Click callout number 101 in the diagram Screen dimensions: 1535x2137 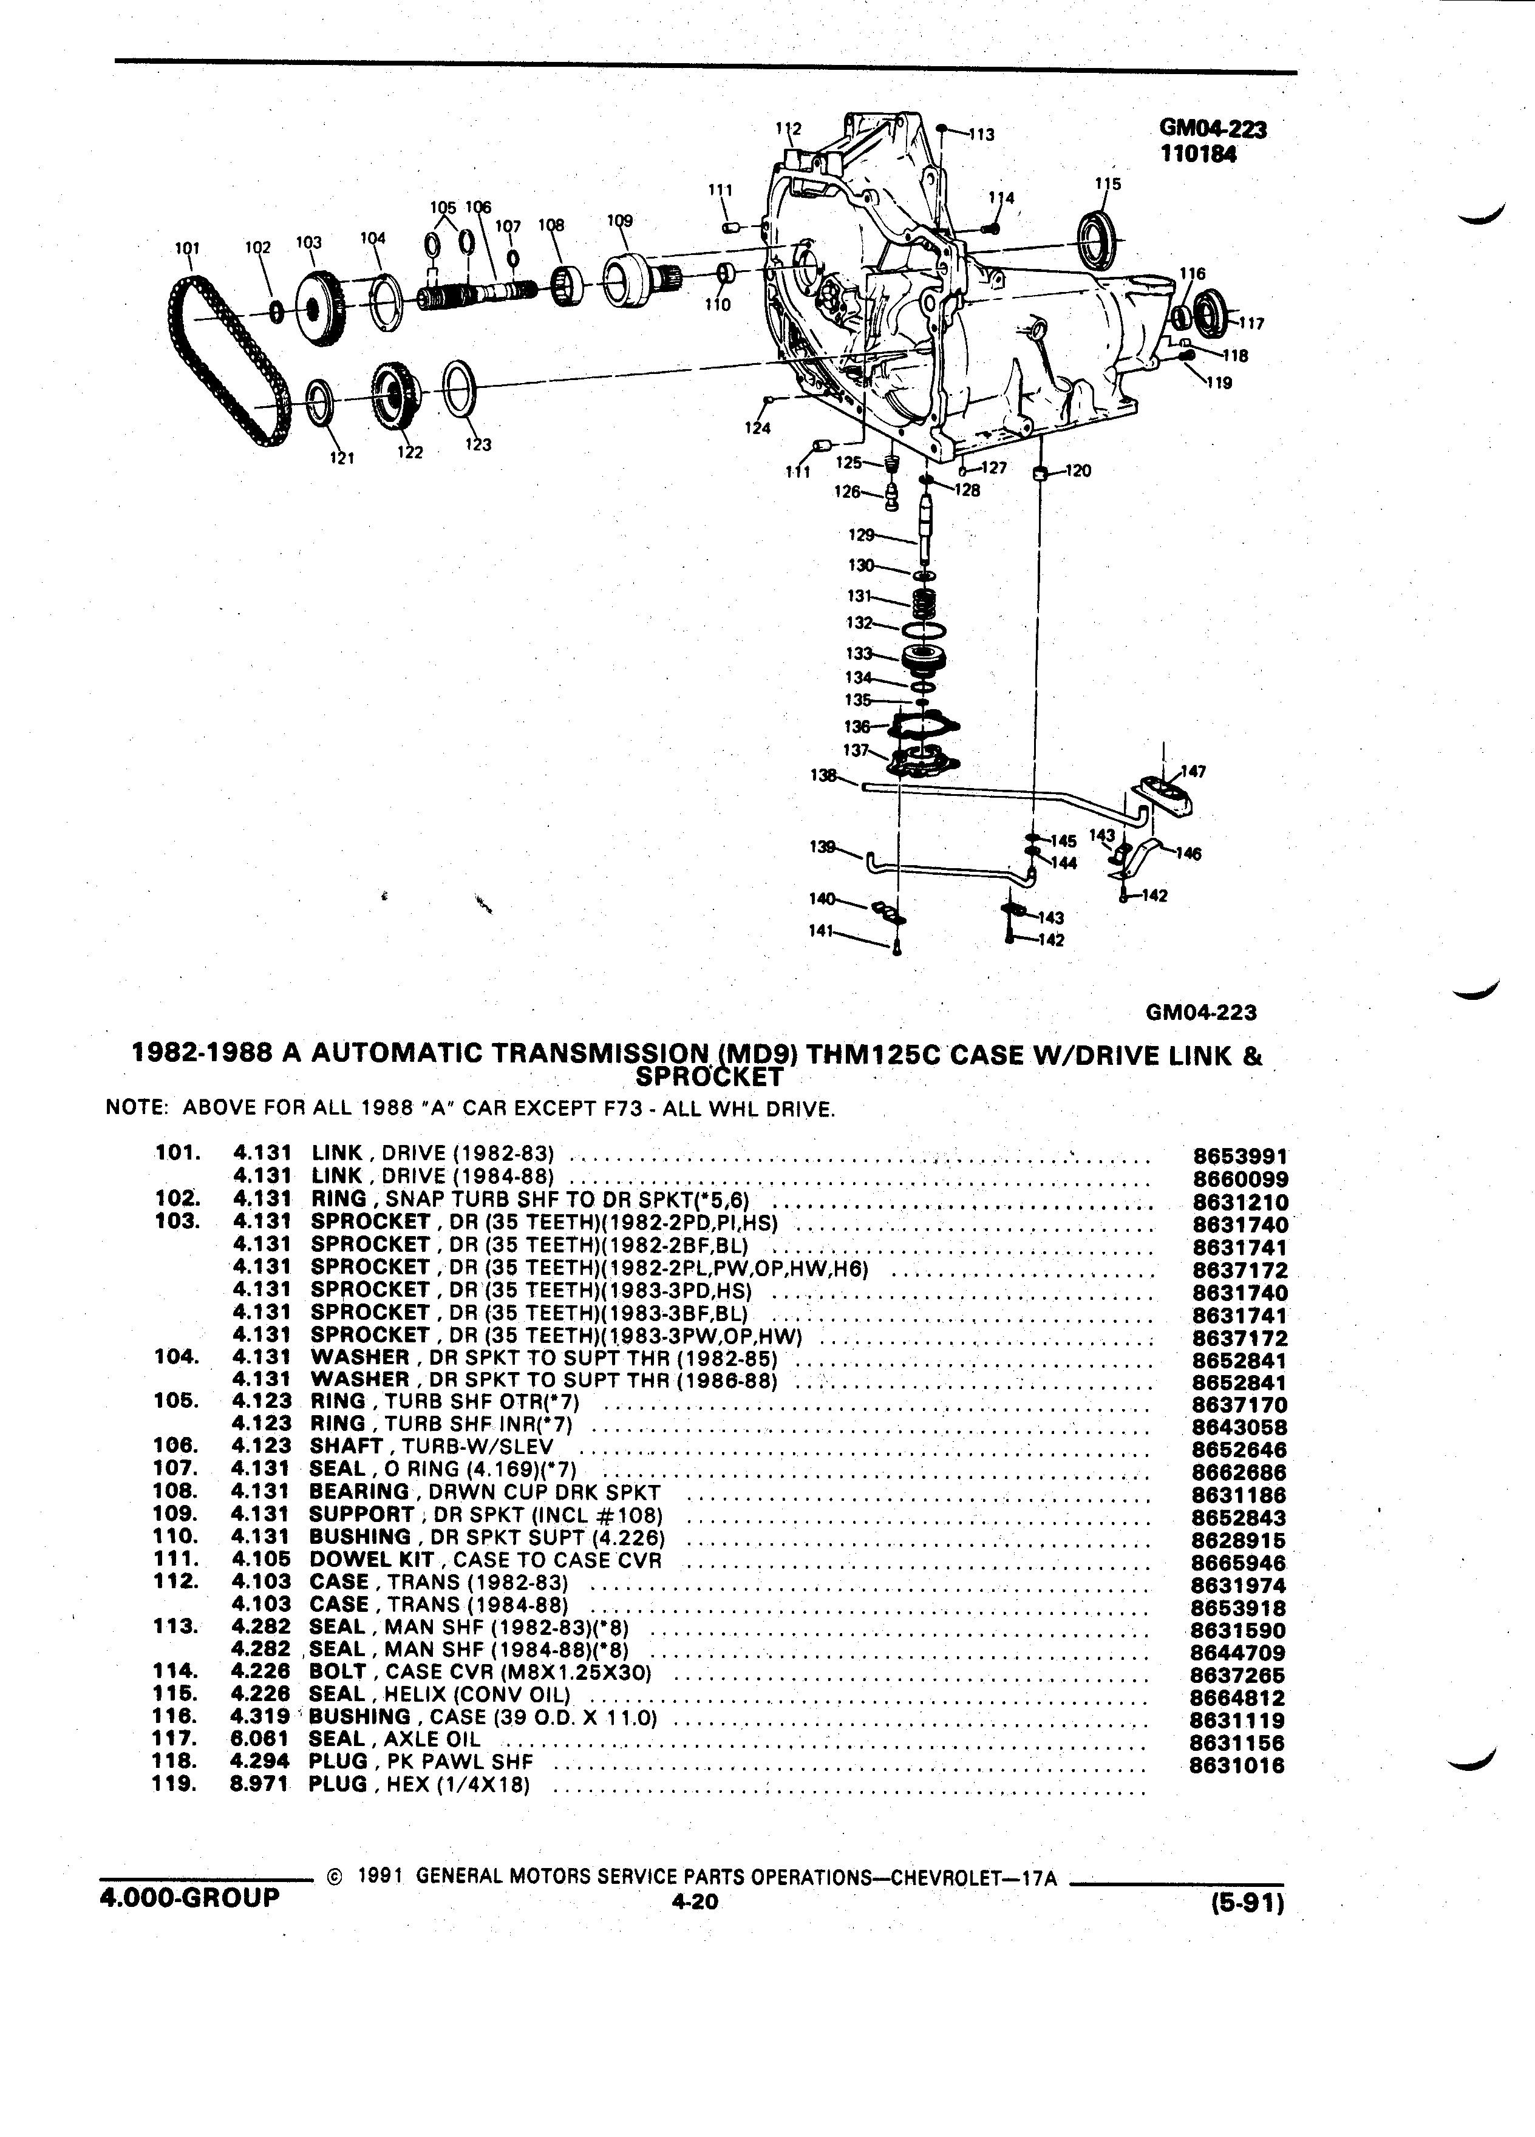[188, 249]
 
